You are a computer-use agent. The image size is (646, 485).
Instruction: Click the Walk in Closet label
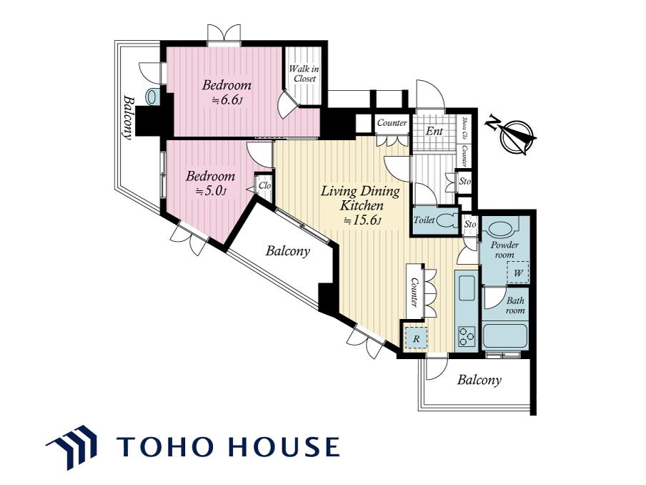304,74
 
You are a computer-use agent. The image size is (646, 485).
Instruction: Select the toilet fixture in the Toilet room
447,220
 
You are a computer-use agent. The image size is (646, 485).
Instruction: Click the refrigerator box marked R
416,338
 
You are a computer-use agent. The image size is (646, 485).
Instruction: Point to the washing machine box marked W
518,273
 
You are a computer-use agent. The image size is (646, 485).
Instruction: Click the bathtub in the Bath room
505,336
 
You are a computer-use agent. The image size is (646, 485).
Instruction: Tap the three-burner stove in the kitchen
467,336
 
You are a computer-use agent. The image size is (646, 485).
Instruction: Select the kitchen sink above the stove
467,288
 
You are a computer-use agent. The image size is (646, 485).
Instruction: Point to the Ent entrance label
434,131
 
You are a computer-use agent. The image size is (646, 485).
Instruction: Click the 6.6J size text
226,100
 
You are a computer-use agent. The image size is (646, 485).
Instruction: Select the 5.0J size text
211,191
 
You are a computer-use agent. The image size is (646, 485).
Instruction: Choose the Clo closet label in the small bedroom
264,186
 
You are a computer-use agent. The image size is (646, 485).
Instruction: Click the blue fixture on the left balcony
151,97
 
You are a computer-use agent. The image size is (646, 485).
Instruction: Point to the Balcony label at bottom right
479,380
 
